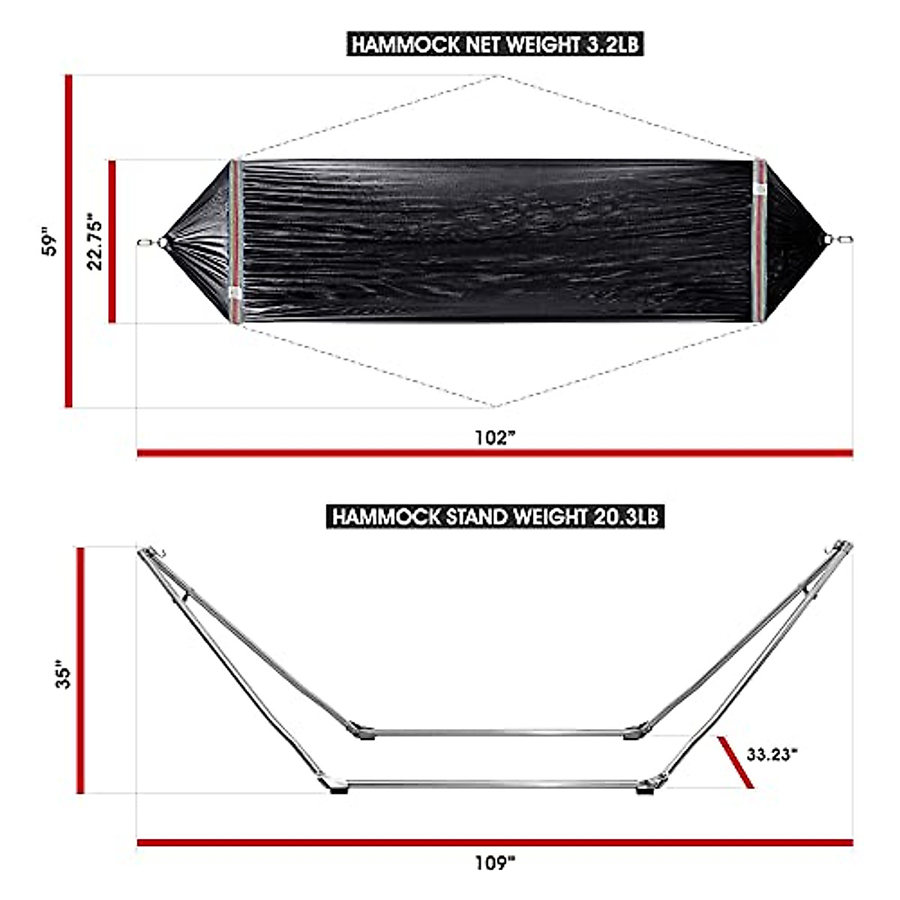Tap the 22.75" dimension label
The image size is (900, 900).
click(x=95, y=241)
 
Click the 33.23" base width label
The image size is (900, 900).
click(x=772, y=754)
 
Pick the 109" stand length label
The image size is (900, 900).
click(x=495, y=862)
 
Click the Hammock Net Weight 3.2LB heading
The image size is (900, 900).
click(x=495, y=44)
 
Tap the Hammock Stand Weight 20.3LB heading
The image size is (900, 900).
click(x=495, y=517)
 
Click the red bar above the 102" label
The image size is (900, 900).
click(x=495, y=453)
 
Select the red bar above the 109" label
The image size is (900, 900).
click(x=495, y=843)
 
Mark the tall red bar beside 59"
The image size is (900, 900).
click(x=69, y=241)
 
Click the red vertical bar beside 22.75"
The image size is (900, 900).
click(x=112, y=241)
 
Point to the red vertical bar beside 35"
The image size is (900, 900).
click(x=81, y=670)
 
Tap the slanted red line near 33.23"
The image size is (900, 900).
click(x=735, y=762)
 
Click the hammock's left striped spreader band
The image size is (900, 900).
click(x=235, y=242)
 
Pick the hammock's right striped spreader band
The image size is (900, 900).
click(x=760, y=241)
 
